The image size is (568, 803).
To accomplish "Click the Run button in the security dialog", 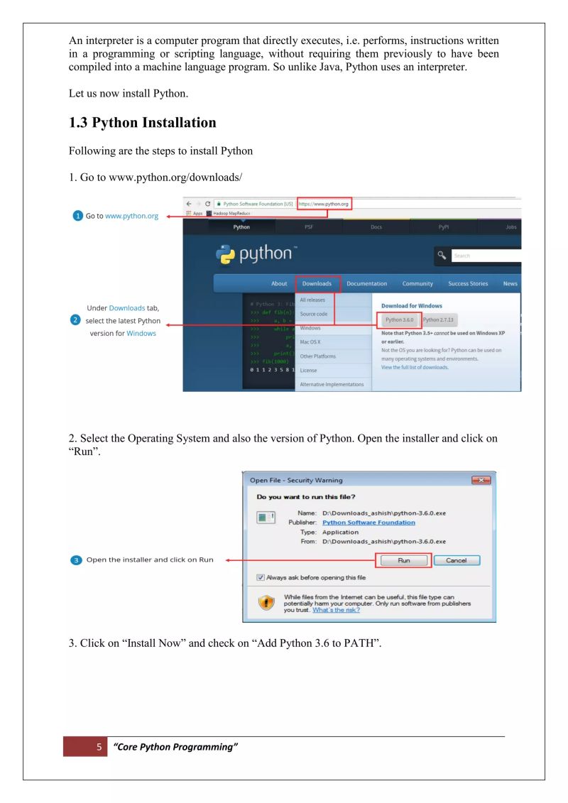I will pos(403,560).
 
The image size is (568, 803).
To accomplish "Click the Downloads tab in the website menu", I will pos(317,283).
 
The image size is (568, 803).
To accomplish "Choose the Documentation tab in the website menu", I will pos(367,283).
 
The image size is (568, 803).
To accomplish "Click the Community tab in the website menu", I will pos(417,283).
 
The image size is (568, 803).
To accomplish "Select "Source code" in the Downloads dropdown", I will pos(314,314).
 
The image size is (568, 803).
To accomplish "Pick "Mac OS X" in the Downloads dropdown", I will pos(310,342).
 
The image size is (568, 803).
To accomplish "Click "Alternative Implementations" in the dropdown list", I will pos(332,384).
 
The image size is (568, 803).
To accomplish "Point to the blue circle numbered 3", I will pos(77,560).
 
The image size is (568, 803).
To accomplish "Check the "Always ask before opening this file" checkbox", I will pos(261,577).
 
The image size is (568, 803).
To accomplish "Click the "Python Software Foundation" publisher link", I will pos(368,523).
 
